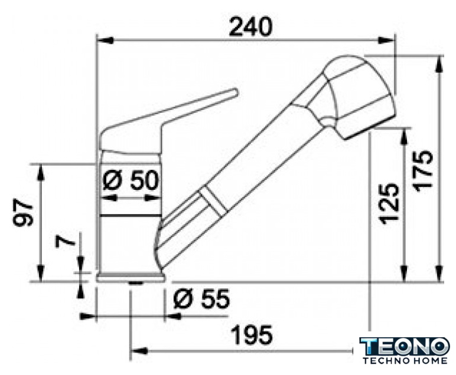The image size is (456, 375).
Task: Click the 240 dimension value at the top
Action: point(250,27)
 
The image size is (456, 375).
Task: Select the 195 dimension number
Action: point(252,335)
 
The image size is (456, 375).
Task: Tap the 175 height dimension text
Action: point(424,171)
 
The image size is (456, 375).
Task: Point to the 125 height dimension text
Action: point(389,204)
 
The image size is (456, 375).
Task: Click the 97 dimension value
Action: point(23,212)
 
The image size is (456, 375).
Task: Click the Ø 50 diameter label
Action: point(131,180)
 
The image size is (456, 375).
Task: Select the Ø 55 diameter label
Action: point(201,298)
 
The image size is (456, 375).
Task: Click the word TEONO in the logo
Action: point(405,347)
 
